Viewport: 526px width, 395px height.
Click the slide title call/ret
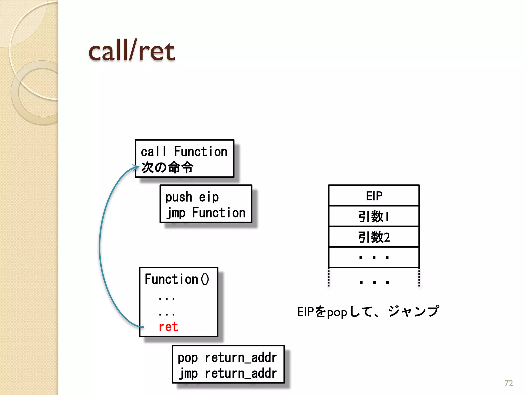[131, 51]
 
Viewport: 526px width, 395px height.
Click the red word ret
[168, 327]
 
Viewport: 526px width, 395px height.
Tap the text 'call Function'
[184, 151]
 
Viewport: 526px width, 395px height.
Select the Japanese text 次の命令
[167, 167]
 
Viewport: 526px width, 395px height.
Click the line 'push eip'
[192, 197]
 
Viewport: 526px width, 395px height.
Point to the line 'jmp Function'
[206, 213]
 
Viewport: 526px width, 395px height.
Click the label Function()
[177, 279]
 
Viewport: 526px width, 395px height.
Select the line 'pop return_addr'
[227, 358]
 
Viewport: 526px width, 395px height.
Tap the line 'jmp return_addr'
[228, 373]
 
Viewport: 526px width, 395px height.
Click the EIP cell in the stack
[374, 196]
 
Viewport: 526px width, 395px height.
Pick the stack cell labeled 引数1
[374, 216]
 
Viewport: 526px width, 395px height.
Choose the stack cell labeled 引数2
[374, 237]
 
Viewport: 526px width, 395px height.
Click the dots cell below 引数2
[374, 257]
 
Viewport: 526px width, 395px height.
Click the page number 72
[509, 383]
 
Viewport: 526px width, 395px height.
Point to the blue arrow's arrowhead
[136, 167]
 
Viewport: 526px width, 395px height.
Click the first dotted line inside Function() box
[167, 299]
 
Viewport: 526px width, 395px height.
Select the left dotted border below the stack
[329, 278]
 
